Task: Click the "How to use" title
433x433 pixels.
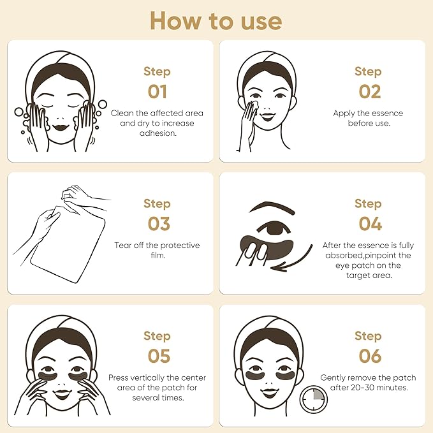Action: [216, 20]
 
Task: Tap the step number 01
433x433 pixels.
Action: [157, 91]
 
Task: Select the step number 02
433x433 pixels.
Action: [369, 91]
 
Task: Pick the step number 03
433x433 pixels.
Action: [157, 224]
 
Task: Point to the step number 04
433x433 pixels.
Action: [369, 224]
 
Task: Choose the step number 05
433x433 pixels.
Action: [157, 355]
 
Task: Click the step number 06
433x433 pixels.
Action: [369, 355]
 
